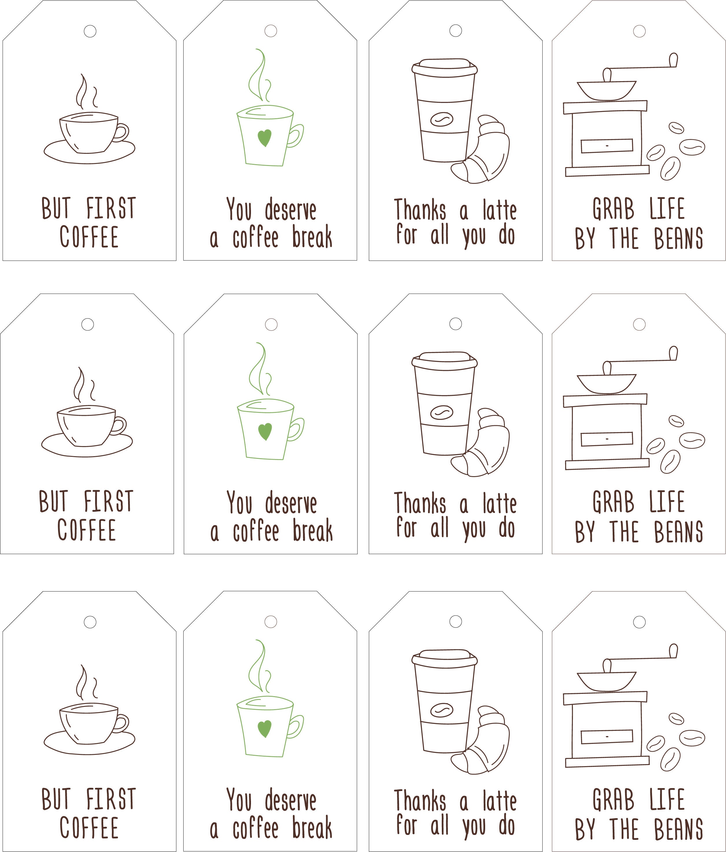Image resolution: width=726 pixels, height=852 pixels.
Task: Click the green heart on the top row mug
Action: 265,137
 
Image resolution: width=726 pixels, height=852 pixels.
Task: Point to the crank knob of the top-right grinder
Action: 673,60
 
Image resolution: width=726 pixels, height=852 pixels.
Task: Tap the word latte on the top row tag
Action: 499,210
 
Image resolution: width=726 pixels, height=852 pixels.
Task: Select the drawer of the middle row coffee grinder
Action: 606,439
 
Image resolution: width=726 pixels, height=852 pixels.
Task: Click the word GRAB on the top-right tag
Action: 613,209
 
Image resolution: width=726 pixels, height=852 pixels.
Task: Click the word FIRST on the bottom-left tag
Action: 111,799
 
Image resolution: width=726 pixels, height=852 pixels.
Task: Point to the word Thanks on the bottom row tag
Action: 420,801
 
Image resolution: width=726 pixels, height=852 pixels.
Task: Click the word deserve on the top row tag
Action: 290,210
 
